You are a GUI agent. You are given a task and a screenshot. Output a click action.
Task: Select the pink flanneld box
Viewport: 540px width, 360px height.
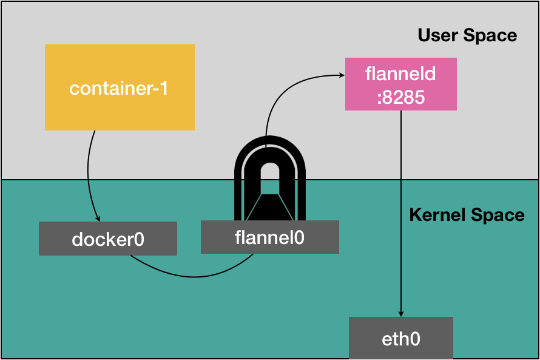[x=400, y=84]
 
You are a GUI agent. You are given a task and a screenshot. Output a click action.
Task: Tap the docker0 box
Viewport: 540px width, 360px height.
[x=107, y=238]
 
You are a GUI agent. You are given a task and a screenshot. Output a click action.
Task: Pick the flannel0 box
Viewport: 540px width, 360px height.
[x=269, y=237]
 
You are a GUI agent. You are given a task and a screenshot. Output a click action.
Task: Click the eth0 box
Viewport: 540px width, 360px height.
[x=400, y=338]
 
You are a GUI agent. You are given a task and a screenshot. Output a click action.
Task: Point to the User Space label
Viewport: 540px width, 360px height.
[x=467, y=35]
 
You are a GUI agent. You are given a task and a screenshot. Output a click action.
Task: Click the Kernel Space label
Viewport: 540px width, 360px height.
[x=467, y=215]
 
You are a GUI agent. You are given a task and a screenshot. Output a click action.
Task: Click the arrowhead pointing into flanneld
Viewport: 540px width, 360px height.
[x=340, y=75]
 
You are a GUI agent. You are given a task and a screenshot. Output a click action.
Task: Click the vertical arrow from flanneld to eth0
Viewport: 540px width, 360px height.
[x=400, y=212]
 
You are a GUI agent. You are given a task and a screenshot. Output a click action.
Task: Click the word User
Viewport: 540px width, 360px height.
[x=436, y=35]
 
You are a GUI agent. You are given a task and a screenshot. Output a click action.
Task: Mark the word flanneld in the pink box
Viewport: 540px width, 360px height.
[x=400, y=74]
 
